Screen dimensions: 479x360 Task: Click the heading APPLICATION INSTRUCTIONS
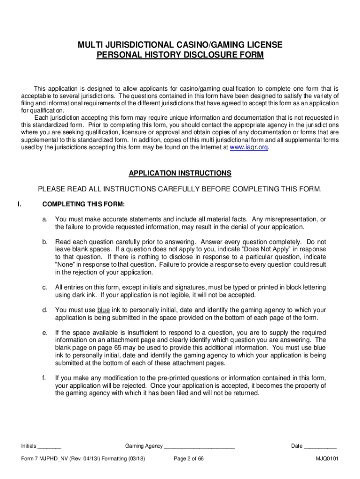tap(180, 173)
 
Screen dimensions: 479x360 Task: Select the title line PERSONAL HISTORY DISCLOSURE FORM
tap(180, 55)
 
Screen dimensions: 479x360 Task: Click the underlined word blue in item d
tap(103, 310)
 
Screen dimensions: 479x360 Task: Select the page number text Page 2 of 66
tap(188, 459)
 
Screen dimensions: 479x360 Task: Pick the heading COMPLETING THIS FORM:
tap(83, 204)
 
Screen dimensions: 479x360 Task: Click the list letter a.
tap(44, 219)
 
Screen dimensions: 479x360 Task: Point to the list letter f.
tap(44, 377)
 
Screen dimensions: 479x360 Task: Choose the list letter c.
tap(44, 287)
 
